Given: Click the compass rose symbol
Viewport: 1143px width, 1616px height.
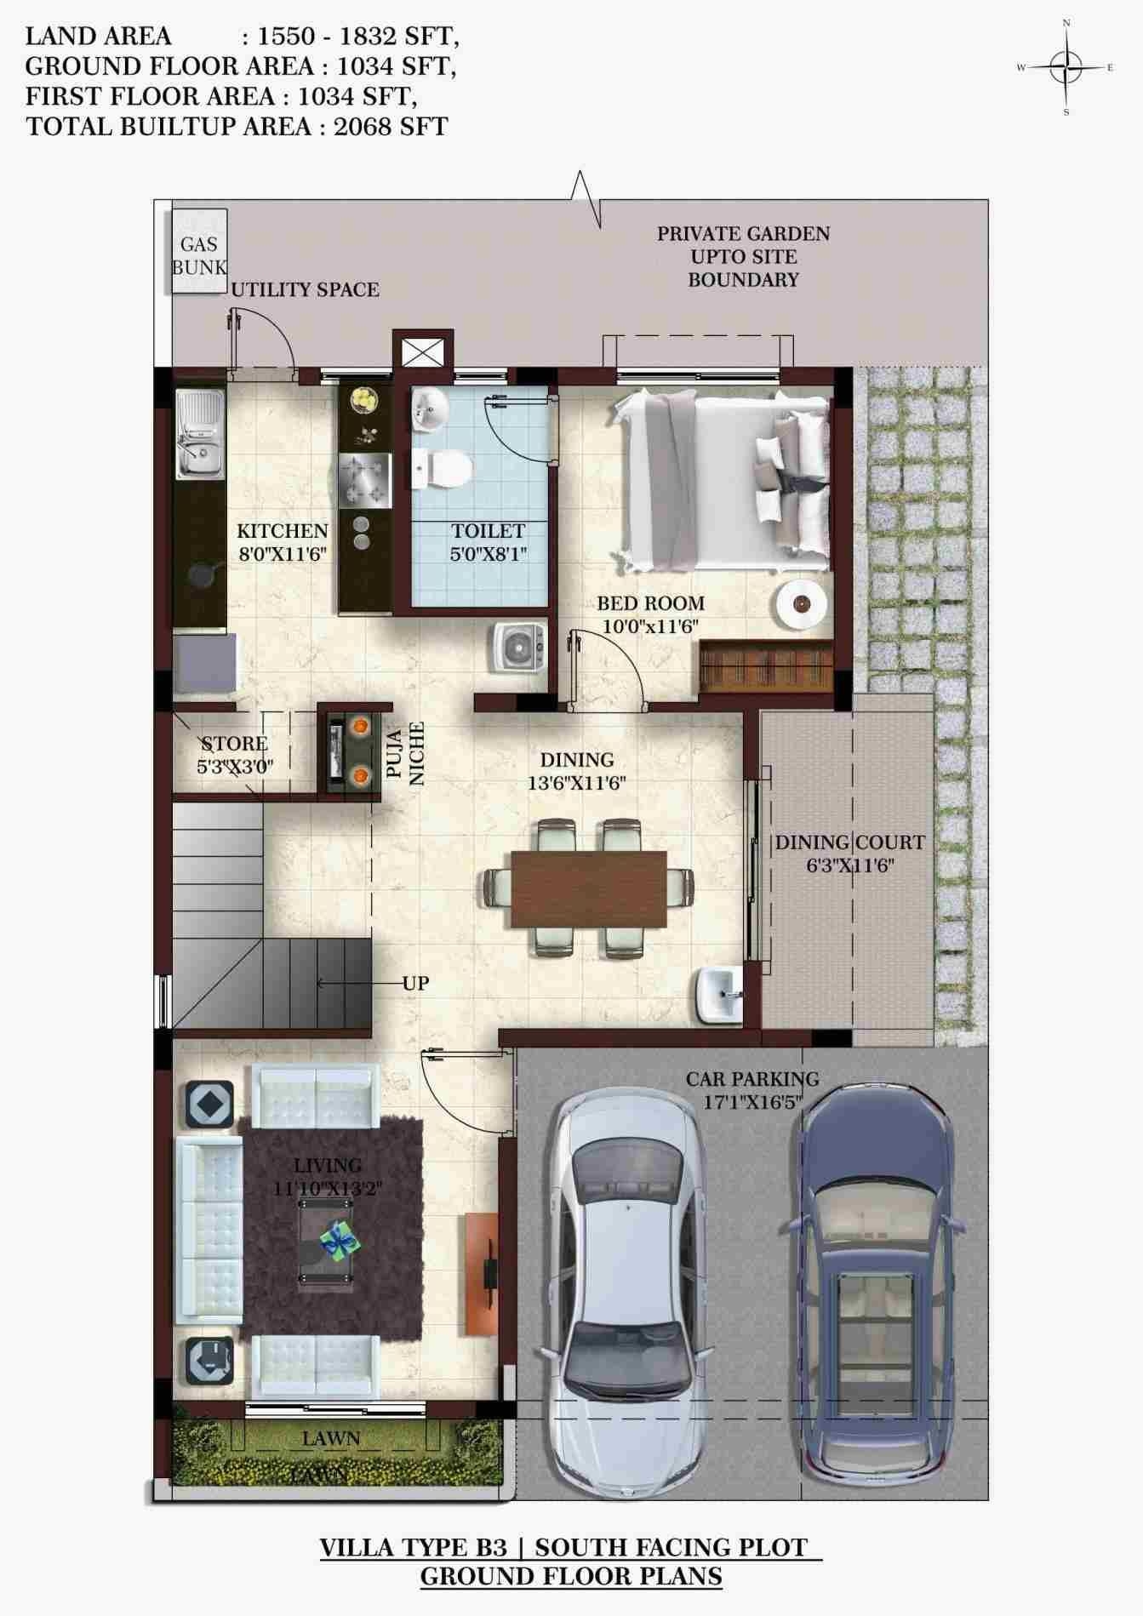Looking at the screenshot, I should tap(1066, 67).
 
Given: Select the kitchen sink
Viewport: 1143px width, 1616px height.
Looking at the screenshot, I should tap(200, 434).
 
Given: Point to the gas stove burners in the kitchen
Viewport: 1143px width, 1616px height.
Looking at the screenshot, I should tap(365, 481).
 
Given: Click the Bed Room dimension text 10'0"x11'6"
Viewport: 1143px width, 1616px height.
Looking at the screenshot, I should tap(650, 626).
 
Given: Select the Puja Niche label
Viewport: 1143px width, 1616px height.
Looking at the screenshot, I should tap(405, 753).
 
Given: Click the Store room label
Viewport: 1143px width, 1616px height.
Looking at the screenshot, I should tap(233, 745).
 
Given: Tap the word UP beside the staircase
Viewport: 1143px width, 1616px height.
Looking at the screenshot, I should tap(415, 984).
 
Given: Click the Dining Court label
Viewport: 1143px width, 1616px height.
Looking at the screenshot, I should tap(849, 843).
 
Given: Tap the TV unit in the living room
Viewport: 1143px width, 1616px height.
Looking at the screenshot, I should tap(481, 1274).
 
